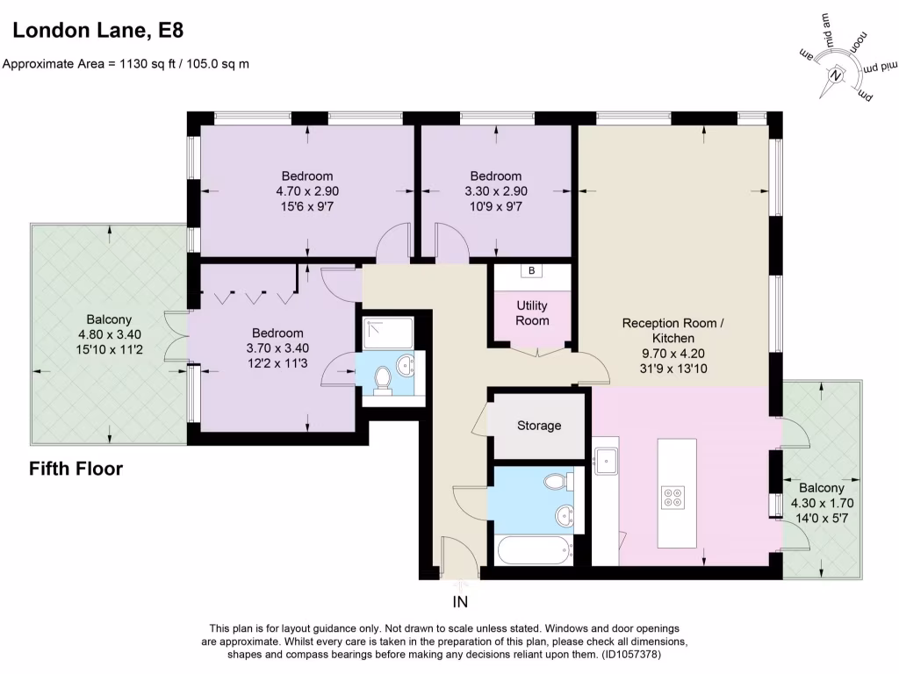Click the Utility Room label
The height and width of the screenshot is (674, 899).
click(x=532, y=313)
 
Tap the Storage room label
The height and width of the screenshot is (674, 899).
click(x=539, y=426)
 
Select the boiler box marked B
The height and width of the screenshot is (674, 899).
click(x=531, y=270)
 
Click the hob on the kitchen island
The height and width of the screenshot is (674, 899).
click(x=673, y=498)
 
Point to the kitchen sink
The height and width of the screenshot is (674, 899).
click(x=606, y=462)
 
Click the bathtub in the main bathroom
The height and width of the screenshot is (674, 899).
click(x=536, y=549)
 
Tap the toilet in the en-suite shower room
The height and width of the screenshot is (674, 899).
click(x=383, y=380)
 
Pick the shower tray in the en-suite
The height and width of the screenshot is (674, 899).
click(x=388, y=333)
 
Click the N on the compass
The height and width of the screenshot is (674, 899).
click(x=836, y=75)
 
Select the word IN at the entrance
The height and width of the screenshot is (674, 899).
click(x=460, y=602)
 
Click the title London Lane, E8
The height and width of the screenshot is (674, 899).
click(x=98, y=30)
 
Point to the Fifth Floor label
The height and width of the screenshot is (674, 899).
click(x=76, y=469)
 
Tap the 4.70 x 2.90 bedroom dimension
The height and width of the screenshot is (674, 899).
click(x=307, y=191)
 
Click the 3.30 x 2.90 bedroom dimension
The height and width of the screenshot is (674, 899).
click(x=496, y=191)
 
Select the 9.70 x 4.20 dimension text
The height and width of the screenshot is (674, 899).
click(x=673, y=354)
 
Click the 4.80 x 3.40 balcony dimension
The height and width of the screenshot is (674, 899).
click(x=109, y=334)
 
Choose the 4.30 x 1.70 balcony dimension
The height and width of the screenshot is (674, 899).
click(x=822, y=503)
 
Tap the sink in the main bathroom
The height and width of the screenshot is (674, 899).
click(x=565, y=516)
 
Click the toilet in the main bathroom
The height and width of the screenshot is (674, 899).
click(x=557, y=481)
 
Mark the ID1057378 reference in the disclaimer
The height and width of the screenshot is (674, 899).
click(x=630, y=654)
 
